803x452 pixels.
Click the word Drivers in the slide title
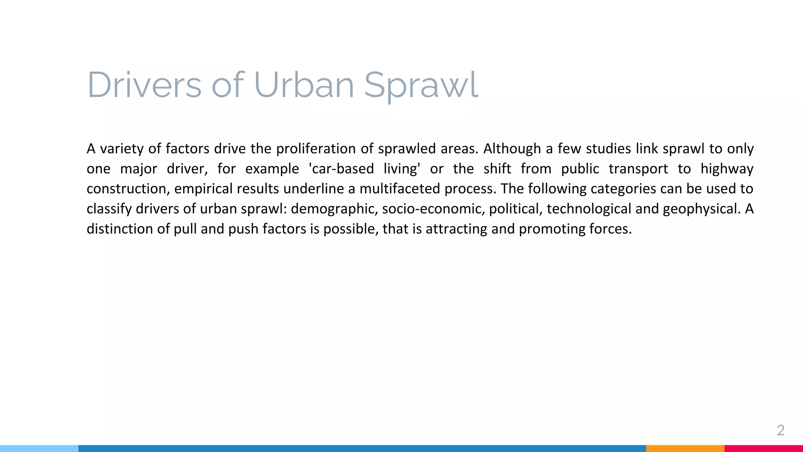pos(144,85)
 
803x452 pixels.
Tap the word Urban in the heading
pos(304,85)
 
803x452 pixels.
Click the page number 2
pos(780,430)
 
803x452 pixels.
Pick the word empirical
pos(203,189)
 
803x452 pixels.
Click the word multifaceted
pos(400,189)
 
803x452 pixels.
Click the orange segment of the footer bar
pos(685,448)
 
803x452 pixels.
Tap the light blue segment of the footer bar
pos(39,448)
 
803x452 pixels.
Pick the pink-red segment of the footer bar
pos(763,448)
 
